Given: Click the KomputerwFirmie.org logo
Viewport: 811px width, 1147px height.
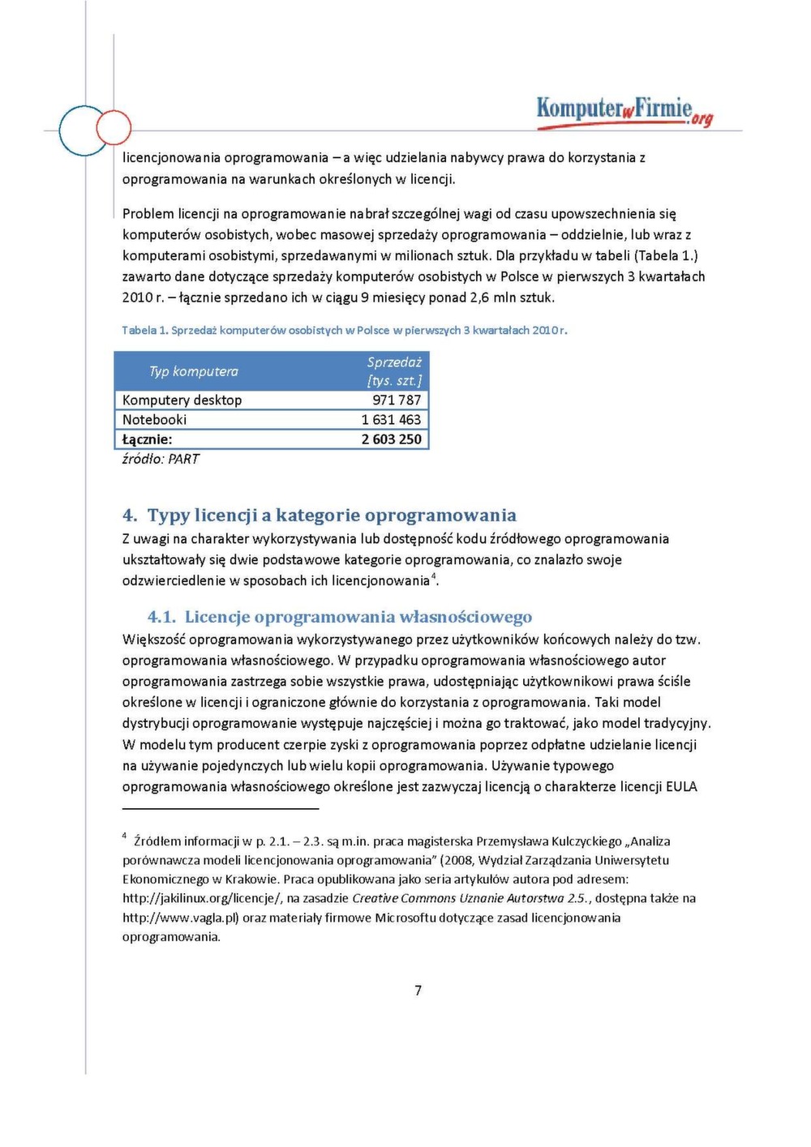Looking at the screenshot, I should (624, 112).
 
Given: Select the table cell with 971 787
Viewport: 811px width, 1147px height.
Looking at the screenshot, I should (397, 400).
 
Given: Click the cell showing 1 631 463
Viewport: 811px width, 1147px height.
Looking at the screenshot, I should (391, 419).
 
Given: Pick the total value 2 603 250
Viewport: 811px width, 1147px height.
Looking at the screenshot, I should (391, 439).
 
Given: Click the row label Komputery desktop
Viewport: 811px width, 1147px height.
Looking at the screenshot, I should (182, 400).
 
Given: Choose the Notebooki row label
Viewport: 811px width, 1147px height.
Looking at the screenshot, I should (154, 419).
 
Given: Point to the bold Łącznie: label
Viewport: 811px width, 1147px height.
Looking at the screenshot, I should (147, 439).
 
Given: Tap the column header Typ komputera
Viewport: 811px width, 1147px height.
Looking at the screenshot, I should (193, 371).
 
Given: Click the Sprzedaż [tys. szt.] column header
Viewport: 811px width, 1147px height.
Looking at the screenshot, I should (394, 371).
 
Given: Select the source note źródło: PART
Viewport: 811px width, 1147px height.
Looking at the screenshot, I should (161, 459).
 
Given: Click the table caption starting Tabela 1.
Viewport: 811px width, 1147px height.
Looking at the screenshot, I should (345, 330).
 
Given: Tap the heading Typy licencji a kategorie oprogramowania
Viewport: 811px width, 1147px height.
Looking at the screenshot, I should (332, 516).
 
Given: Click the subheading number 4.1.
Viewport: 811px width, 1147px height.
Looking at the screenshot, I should (161, 617).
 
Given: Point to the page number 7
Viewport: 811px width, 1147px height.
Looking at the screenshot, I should (418, 990).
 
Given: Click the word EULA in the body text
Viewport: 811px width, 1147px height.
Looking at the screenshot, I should (681, 786).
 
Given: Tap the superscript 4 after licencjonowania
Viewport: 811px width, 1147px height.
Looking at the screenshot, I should (433, 576).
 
